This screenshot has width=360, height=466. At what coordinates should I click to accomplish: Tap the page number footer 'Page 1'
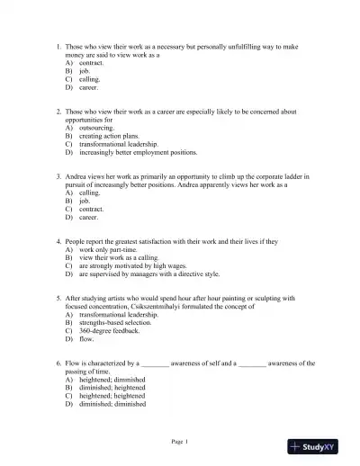click(x=180, y=442)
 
